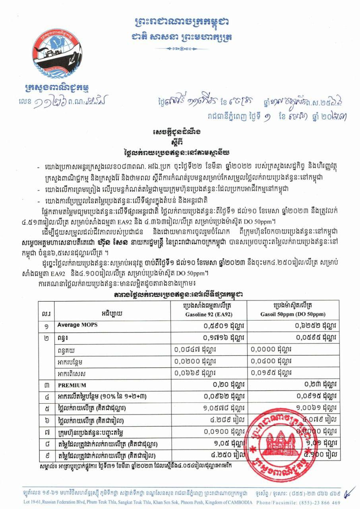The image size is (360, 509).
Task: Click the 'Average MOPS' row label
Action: [77, 325]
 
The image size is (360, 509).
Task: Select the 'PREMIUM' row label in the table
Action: [72, 385]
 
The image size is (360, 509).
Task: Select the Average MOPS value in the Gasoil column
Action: [316, 325]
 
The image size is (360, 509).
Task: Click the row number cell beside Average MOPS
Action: [46, 325]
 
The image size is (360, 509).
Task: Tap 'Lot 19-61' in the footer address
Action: [33, 502]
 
